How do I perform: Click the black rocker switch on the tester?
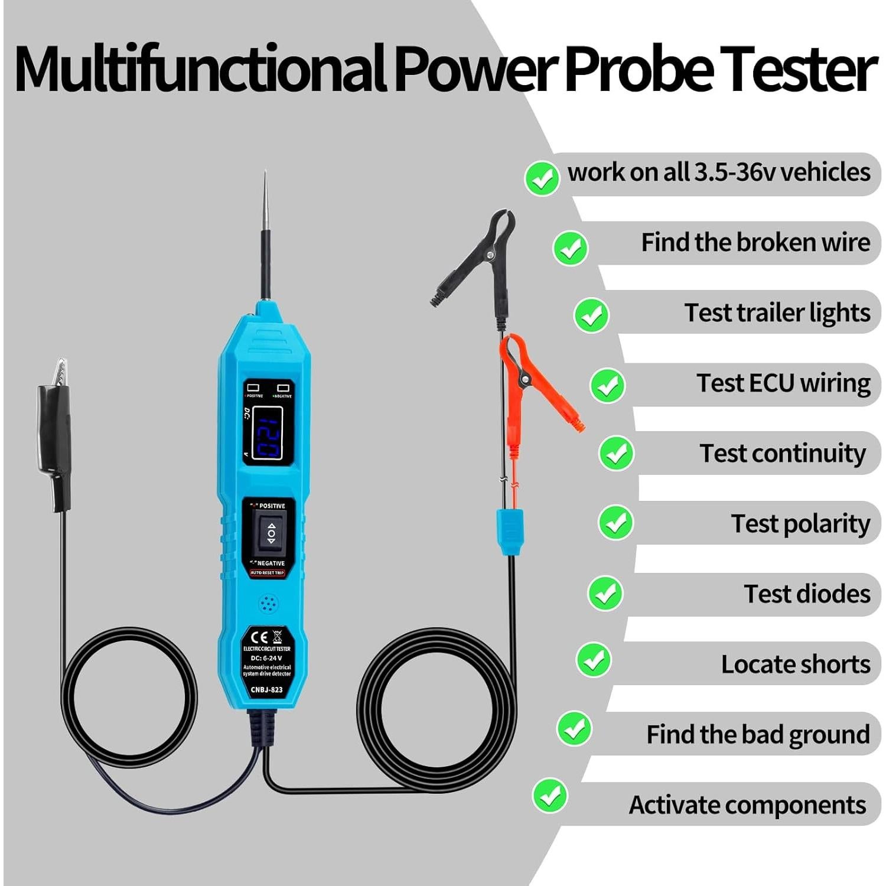[271, 533]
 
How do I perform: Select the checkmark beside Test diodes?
[605, 594]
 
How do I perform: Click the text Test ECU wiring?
[783, 383]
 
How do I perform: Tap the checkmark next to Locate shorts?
[594, 660]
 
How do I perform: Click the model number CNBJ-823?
[266, 689]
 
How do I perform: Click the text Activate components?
[747, 805]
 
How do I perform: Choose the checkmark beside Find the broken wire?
[571, 248]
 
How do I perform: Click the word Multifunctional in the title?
[200, 70]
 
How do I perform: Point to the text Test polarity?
[800, 524]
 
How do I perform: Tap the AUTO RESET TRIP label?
[267, 573]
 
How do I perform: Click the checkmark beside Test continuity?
[616, 453]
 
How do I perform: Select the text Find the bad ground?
[758, 735]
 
